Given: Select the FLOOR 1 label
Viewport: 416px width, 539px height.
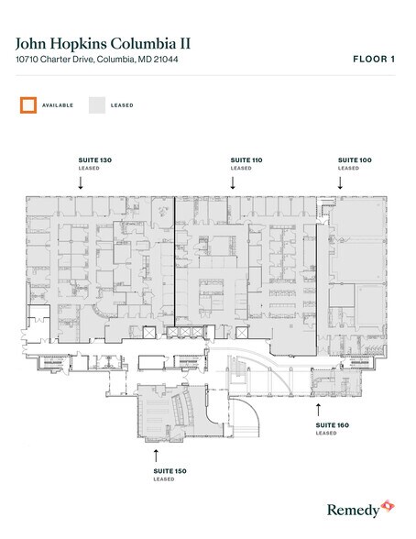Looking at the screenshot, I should [x=373, y=60].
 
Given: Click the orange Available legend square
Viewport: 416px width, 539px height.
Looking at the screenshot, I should [x=28, y=105].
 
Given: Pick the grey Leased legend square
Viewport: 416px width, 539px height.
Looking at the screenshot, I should [x=97, y=105].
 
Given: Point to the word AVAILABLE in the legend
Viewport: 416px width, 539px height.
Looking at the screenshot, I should [x=59, y=105].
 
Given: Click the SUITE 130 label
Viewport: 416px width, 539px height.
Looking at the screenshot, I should [x=95, y=160].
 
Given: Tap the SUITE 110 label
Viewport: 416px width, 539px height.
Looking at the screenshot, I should [x=246, y=160].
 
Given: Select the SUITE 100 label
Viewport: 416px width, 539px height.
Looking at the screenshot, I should [x=355, y=160].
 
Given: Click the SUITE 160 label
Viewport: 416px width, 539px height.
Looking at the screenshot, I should [x=333, y=425].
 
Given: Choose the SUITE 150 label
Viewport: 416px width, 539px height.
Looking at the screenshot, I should [x=170, y=471].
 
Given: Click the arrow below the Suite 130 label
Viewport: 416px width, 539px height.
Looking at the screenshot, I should [x=81, y=182].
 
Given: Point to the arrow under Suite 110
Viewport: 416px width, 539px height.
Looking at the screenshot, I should [x=233, y=182].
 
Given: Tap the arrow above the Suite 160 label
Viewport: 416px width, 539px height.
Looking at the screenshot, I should [x=318, y=404].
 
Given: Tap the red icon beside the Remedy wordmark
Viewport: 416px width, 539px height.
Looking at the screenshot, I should [x=388, y=506].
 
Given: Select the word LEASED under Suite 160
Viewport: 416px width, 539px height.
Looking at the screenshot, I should [x=326, y=434].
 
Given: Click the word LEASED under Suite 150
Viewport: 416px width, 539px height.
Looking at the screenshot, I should [x=164, y=479].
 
